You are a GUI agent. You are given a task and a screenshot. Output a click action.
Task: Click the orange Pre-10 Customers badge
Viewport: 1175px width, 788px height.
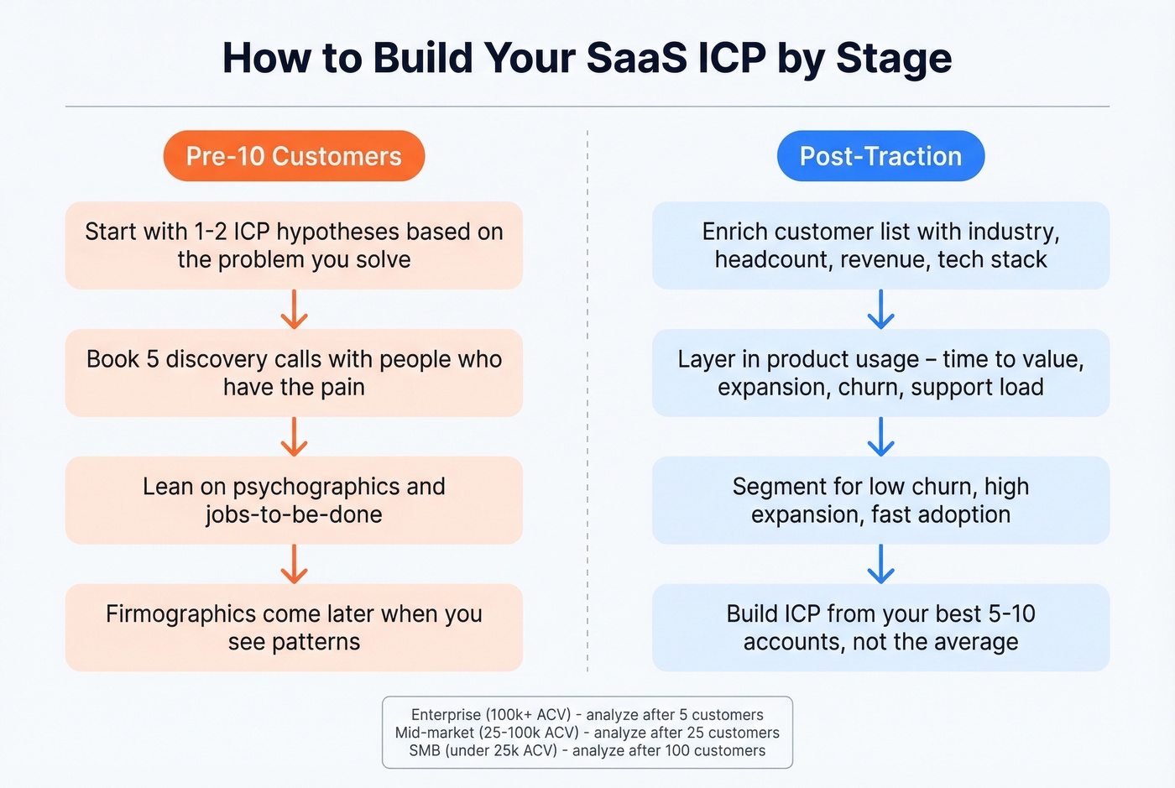click(x=294, y=156)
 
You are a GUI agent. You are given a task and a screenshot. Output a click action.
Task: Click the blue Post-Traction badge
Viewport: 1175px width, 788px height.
click(x=880, y=156)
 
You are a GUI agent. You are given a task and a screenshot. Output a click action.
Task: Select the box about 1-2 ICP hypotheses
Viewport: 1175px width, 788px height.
click(x=294, y=245)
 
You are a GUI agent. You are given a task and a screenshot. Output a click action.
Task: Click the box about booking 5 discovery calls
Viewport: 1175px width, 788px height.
click(x=294, y=373)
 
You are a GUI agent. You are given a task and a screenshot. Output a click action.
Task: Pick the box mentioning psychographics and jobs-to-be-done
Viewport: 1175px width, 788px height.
click(x=294, y=500)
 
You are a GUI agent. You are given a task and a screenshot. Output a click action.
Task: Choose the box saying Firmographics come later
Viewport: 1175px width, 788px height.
click(x=294, y=628)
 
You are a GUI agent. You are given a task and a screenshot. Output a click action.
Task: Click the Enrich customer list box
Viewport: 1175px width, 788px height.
click(x=880, y=245)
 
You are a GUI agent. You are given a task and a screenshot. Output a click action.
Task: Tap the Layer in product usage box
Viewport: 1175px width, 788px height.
click(x=880, y=373)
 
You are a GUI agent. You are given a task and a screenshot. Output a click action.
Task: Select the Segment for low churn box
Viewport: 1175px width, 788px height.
click(x=880, y=500)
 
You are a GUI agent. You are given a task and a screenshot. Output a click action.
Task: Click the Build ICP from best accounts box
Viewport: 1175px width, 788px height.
click(x=880, y=628)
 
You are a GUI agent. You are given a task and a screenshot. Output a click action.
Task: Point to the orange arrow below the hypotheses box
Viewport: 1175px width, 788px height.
click(x=294, y=310)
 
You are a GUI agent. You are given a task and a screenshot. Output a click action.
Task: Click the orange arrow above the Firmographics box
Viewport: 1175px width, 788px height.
click(x=294, y=564)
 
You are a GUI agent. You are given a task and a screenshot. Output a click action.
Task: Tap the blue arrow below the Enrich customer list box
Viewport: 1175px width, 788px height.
click(x=880, y=310)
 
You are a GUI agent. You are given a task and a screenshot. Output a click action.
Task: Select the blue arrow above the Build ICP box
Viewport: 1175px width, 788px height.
click(x=880, y=564)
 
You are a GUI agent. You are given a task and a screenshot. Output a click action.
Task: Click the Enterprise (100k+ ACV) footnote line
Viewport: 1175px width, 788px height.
click(x=587, y=715)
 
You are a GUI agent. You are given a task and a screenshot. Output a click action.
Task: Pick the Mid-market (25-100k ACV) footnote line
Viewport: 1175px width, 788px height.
click(x=587, y=733)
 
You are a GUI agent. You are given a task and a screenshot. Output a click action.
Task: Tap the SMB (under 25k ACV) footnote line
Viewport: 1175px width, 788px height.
click(x=587, y=750)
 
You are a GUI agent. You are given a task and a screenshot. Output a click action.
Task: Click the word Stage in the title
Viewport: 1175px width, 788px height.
click(x=893, y=59)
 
